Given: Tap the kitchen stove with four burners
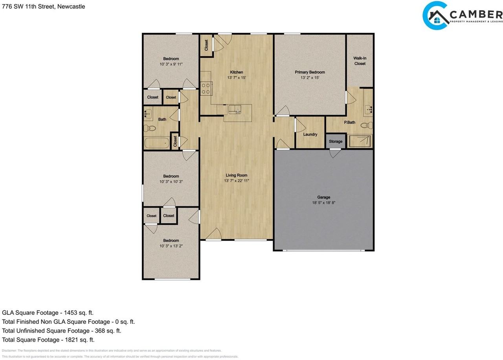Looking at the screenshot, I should pyautogui.click(x=206, y=88).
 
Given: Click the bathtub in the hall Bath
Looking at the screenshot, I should pyautogui.click(x=156, y=142).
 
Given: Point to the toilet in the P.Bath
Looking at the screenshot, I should pyautogui.click(x=366, y=125).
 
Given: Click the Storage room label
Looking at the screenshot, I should pyautogui.click(x=336, y=141).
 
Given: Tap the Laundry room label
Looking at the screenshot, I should pyautogui.click(x=310, y=134).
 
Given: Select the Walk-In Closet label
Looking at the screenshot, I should pyautogui.click(x=360, y=61).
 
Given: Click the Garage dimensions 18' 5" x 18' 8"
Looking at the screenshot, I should pyautogui.click(x=323, y=203).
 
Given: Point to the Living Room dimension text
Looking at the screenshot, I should pyautogui.click(x=236, y=181).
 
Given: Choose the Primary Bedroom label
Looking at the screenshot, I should pyautogui.click(x=310, y=72).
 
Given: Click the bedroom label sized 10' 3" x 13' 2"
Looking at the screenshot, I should pyautogui.click(x=171, y=241).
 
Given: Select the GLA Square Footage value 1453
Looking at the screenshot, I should pyautogui.click(x=77, y=313).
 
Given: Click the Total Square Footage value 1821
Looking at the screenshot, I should pyautogui.click(x=78, y=340).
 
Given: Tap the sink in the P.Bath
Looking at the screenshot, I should pyautogui.click(x=368, y=109).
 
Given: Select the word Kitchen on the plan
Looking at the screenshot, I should pyautogui.click(x=236, y=72).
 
